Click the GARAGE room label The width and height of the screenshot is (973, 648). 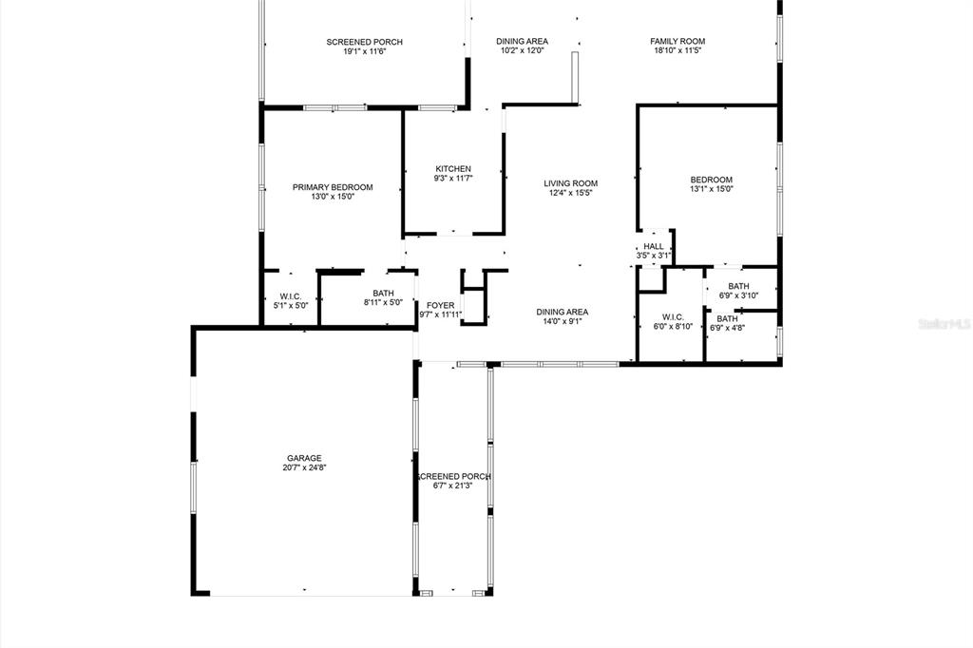click(304, 458)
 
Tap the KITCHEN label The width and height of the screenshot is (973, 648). click(453, 169)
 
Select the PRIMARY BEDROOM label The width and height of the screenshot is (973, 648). click(333, 187)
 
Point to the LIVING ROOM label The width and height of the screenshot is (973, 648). click(571, 183)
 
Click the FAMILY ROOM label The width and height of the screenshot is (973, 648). click(677, 42)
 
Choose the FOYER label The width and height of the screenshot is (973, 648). click(441, 305)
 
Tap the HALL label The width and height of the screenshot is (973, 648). click(654, 246)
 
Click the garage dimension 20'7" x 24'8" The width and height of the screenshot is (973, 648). click(304, 468)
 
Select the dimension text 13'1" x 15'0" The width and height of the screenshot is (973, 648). click(712, 189)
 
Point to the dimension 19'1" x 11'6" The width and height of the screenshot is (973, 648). click(365, 51)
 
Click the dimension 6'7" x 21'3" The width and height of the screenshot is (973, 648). click(453, 486)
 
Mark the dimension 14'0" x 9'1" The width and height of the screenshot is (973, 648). click(563, 321)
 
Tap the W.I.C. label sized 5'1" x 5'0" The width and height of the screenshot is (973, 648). click(291, 296)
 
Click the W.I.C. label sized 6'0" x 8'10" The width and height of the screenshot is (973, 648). click(673, 317)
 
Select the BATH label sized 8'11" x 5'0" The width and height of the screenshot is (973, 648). click(384, 294)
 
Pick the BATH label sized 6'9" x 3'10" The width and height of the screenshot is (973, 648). click(738, 286)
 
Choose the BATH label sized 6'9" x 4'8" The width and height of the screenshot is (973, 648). click(727, 319)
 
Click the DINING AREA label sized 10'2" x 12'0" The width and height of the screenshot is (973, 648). click(522, 42)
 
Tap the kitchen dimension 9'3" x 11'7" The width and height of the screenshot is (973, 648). click(453, 179)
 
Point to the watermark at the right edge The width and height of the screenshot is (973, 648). click(945, 324)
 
